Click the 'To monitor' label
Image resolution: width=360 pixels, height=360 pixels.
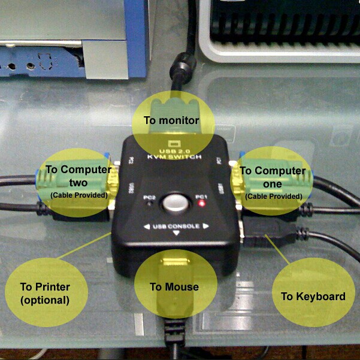click(x=171, y=120)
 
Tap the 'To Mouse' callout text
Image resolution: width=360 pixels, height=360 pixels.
click(x=174, y=286)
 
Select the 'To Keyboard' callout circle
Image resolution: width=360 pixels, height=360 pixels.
click(x=313, y=296)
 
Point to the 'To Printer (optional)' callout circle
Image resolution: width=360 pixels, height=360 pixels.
click(x=46, y=292)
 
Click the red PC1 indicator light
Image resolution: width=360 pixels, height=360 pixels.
click(x=202, y=204)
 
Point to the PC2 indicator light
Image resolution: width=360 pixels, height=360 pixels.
click(x=150, y=204)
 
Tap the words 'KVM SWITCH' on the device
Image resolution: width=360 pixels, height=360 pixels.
click(x=174, y=157)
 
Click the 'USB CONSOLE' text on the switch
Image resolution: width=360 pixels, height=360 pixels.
click(x=175, y=226)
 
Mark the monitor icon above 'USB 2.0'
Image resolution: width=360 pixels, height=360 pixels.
click(x=174, y=144)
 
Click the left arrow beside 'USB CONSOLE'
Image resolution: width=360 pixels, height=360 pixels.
click(x=147, y=226)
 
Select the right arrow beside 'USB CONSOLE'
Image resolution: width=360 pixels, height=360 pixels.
click(x=205, y=226)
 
